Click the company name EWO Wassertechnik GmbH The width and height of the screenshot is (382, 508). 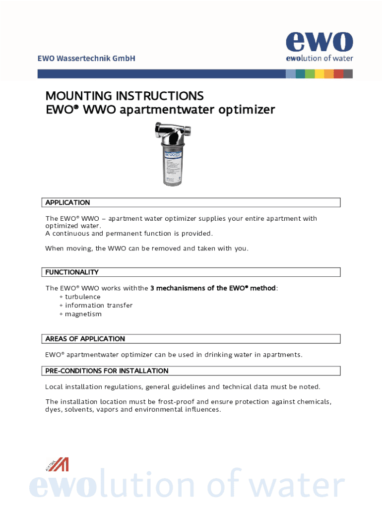pos(86,59)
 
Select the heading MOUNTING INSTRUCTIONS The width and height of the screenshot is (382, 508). pos(125,95)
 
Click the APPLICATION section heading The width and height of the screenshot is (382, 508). pos(68,202)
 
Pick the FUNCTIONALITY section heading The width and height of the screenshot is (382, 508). pos(72,272)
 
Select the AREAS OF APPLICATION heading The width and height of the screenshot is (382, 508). pos(85,338)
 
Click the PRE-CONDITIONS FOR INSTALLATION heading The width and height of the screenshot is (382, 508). pos(107,371)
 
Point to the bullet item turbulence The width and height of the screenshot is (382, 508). pos(82,297)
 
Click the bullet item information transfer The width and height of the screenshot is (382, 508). pos(98,305)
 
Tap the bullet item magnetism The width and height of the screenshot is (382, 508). pos(83,314)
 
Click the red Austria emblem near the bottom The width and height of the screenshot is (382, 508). pos(58,464)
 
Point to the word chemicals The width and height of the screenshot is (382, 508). pos(314,401)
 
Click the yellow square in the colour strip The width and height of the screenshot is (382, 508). pos(319,74)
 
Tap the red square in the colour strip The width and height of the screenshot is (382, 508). pos(338,74)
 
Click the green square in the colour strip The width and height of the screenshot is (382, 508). pos(310,74)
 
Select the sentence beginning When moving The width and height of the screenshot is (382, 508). pos(146,249)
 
